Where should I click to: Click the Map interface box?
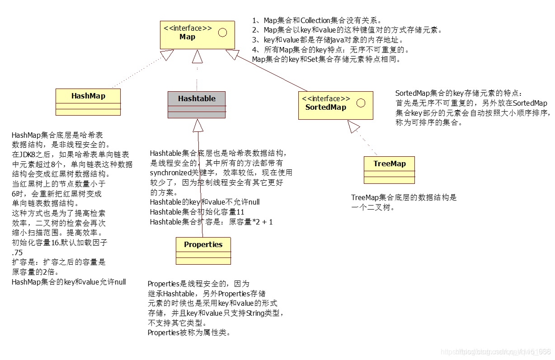pyautogui.click(x=197, y=35)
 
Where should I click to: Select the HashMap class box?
pyautogui.click(x=88, y=102)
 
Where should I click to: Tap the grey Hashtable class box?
pyautogui.click(x=196, y=104)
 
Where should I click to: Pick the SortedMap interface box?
pyautogui.click(x=335, y=105)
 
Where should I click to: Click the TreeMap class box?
pyautogui.click(x=389, y=170)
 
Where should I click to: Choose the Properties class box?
pyautogui.click(x=203, y=251)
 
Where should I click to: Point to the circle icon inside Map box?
pyautogui.click(x=222, y=33)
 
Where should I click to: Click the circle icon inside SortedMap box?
pyautogui.click(x=361, y=103)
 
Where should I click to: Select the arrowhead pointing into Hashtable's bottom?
pyautogui.click(x=198, y=125)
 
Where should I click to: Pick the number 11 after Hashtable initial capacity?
pyautogui.click(x=240, y=212)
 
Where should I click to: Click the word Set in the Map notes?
pyautogui.click(x=313, y=59)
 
